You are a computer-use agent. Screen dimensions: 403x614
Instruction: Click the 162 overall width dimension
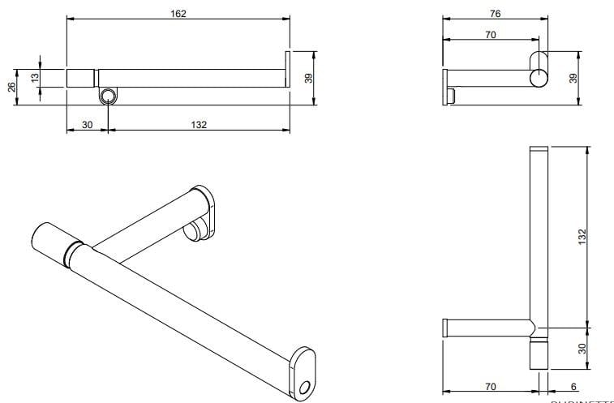click(178, 13)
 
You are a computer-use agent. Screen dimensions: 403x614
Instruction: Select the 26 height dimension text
click(12, 88)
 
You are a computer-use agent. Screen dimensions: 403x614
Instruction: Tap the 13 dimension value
click(34, 77)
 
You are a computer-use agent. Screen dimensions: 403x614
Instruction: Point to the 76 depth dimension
click(495, 13)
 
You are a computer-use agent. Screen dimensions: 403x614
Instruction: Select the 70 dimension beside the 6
click(490, 388)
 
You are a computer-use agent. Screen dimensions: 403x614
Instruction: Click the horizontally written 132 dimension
click(199, 124)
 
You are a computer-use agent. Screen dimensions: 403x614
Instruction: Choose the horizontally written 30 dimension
click(87, 124)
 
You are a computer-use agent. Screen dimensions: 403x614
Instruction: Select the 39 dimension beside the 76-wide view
click(573, 77)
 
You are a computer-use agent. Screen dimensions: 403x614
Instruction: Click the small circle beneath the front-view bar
click(107, 96)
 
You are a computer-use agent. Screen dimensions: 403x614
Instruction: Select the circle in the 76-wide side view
click(539, 78)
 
